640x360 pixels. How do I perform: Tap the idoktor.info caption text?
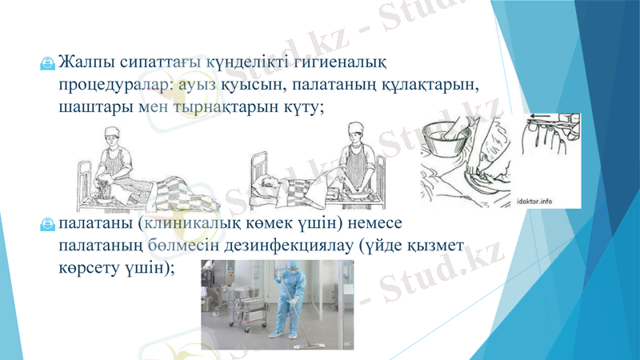pos(551,200)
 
